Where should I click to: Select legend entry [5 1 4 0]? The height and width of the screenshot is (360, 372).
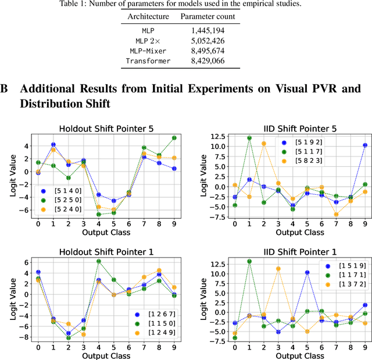pyautogui.click(x=63, y=190)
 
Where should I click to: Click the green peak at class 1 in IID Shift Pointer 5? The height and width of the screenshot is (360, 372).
pyautogui.click(x=249, y=138)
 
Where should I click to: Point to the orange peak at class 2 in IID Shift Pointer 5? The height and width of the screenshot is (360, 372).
pyautogui.click(x=263, y=144)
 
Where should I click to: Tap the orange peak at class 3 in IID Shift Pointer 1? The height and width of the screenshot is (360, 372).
pyautogui.click(x=278, y=269)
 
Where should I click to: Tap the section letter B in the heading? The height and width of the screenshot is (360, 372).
pyautogui.click(x=5, y=89)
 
